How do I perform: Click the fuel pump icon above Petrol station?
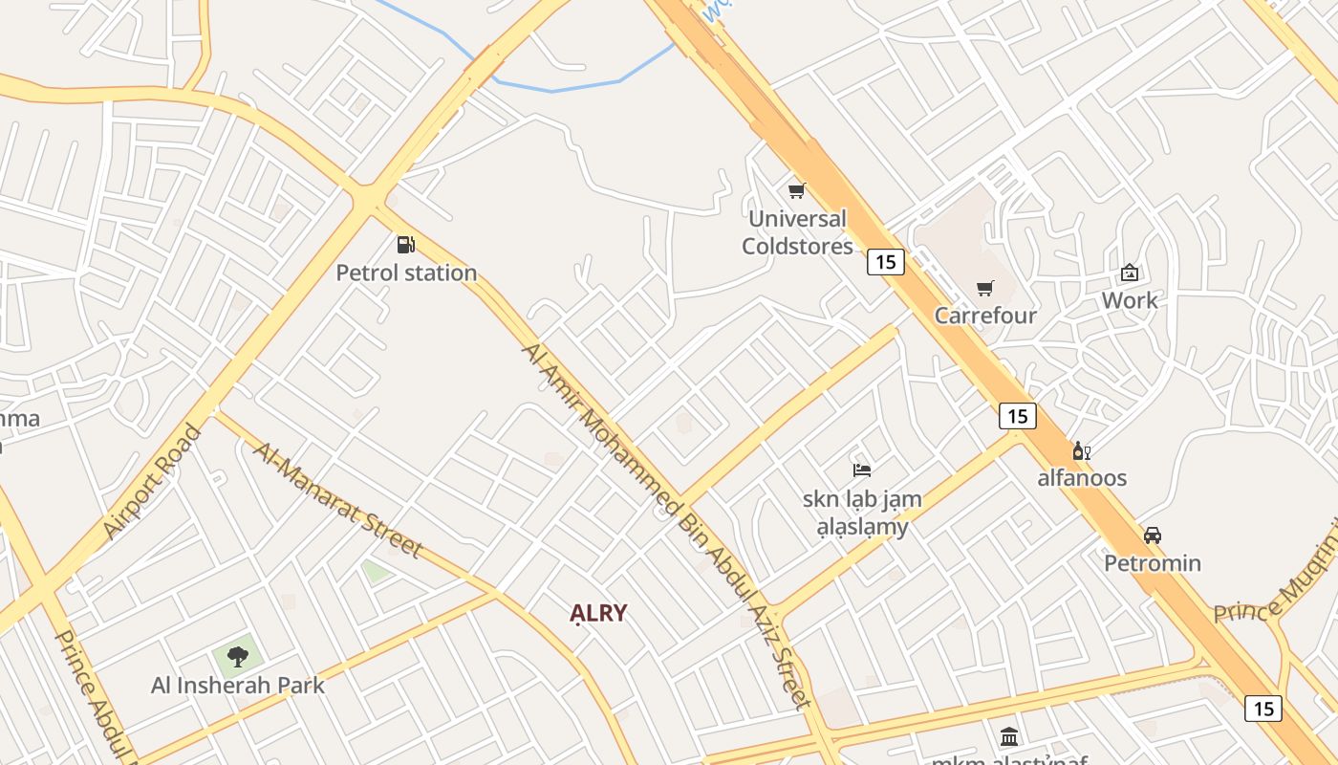(x=406, y=245)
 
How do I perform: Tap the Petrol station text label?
(x=406, y=273)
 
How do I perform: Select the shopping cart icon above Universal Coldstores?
(x=796, y=190)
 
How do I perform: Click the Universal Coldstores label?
(x=797, y=232)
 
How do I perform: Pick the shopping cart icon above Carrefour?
(x=985, y=288)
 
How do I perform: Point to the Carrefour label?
(x=985, y=316)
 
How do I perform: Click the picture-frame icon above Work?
(x=1130, y=273)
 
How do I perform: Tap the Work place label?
(x=1130, y=300)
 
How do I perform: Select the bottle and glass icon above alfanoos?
(x=1082, y=450)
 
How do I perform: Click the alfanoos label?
(x=1082, y=478)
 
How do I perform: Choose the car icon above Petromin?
(x=1153, y=535)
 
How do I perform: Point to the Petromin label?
(x=1153, y=563)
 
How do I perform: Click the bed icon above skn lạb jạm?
(x=862, y=470)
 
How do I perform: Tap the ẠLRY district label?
(x=598, y=614)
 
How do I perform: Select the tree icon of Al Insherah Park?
(x=238, y=657)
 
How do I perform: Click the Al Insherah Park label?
(x=238, y=686)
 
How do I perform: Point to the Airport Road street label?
(x=153, y=481)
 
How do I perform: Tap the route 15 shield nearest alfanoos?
(x=1017, y=416)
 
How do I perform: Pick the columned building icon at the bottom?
(x=1009, y=736)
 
